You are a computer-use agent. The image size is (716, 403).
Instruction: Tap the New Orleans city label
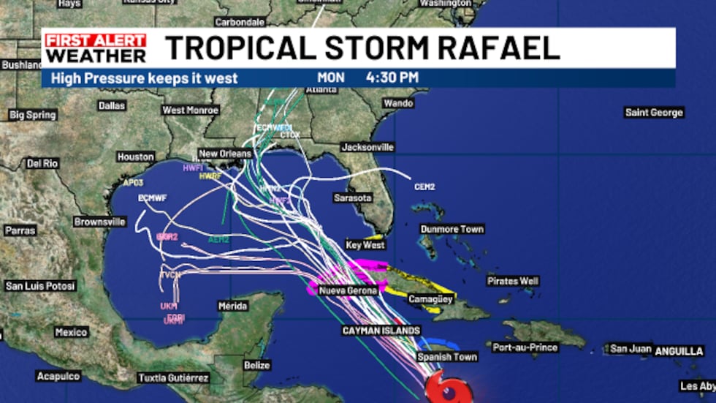point(225,154)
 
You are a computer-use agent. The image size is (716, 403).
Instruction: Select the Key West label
point(365,246)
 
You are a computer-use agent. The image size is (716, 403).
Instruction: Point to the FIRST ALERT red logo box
point(96,39)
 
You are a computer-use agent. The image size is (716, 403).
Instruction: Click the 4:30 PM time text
point(392,78)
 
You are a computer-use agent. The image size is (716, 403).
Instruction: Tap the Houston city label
point(136,157)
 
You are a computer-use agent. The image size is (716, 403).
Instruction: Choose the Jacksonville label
point(367,147)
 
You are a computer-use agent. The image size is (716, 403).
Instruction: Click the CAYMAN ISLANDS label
point(381,331)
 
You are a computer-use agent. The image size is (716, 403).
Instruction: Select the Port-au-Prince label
point(526,347)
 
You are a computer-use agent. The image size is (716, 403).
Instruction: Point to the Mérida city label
point(232,306)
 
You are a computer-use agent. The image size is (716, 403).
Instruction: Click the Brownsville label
point(99,222)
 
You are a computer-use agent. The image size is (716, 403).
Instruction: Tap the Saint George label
point(654,113)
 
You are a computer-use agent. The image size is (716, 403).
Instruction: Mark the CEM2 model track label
point(424,187)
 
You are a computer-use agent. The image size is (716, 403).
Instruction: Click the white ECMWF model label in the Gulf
point(153,197)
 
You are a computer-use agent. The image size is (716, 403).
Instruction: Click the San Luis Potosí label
point(40,285)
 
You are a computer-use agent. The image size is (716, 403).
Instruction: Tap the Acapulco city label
point(58,376)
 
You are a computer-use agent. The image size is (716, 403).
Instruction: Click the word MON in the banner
point(331,78)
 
